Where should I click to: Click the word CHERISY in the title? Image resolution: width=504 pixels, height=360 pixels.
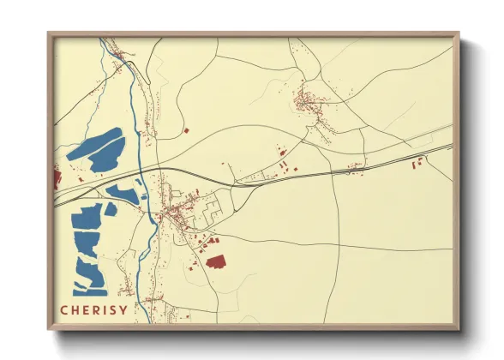[94, 309]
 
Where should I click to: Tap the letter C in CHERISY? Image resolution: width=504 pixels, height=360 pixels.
[64, 309]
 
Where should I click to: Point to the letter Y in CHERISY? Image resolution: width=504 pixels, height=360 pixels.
[124, 309]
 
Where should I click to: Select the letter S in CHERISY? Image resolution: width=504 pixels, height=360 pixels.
[113, 309]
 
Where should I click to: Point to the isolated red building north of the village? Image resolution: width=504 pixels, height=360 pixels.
[186, 130]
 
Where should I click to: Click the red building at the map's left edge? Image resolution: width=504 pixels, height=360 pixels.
[57, 178]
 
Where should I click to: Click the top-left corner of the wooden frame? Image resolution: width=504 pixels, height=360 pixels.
[49, 33]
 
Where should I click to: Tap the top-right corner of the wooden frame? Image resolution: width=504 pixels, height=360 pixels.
[459, 33]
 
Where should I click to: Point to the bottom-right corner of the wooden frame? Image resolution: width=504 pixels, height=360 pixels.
[459, 329]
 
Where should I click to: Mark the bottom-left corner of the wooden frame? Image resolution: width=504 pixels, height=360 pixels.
[49, 329]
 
